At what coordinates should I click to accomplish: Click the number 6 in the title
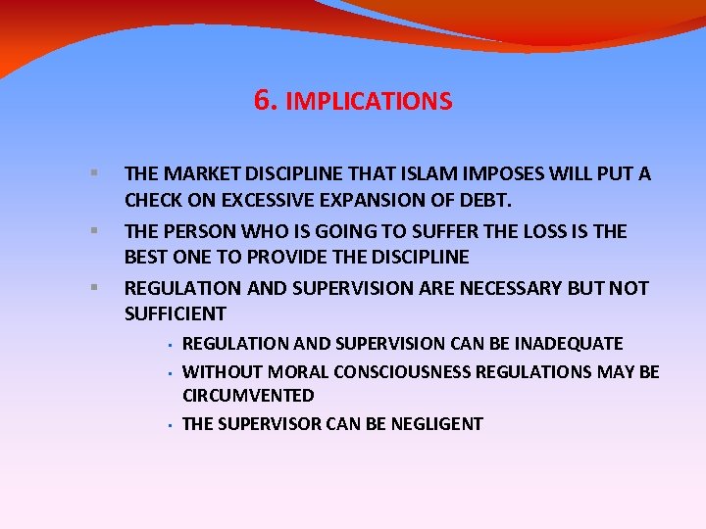click(262, 100)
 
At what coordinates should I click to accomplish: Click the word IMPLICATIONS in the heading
click(369, 102)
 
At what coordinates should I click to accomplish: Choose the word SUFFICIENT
click(176, 314)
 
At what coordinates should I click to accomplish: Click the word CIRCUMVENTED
click(248, 397)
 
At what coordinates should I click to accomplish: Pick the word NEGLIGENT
click(431, 424)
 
